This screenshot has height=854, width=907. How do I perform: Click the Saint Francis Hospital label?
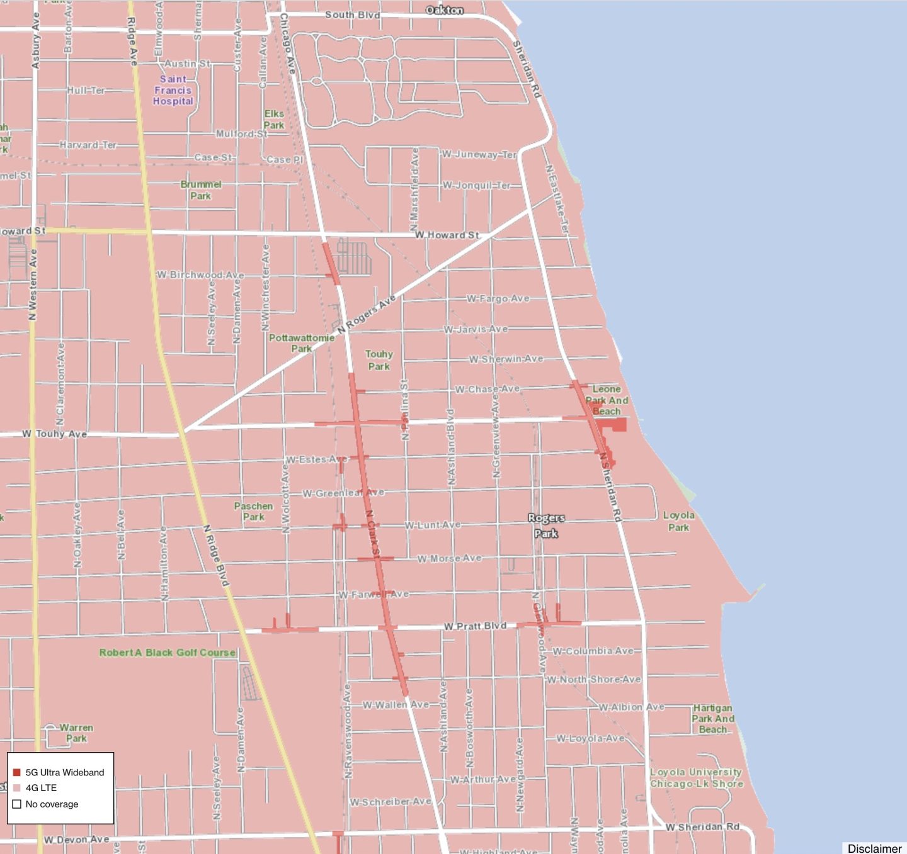(173, 90)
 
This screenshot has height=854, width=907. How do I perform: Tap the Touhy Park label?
(379, 360)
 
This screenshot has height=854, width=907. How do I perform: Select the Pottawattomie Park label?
(302, 343)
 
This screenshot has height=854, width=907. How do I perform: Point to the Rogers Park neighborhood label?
(546, 525)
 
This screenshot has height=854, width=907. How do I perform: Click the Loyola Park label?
(678, 521)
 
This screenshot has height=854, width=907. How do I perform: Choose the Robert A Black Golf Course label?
(168, 653)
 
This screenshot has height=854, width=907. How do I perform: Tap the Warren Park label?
(76, 733)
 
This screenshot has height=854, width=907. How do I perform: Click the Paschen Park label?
(253, 511)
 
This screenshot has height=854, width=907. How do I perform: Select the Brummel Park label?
(201, 190)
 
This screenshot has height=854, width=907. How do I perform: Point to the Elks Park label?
(274, 119)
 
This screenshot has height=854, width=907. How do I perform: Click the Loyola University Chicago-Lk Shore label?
(696, 778)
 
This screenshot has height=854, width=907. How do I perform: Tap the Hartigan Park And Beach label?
(712, 719)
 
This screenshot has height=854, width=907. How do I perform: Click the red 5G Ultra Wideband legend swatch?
(17, 772)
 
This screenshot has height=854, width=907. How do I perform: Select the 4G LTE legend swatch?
(17, 788)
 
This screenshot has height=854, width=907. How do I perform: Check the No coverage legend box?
(17, 804)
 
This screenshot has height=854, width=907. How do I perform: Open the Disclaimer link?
(874, 848)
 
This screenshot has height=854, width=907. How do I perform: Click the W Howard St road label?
(447, 235)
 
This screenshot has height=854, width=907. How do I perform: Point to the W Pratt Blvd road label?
(475, 626)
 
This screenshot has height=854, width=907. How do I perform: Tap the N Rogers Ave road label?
(367, 314)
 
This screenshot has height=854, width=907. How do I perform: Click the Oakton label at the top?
(445, 10)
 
